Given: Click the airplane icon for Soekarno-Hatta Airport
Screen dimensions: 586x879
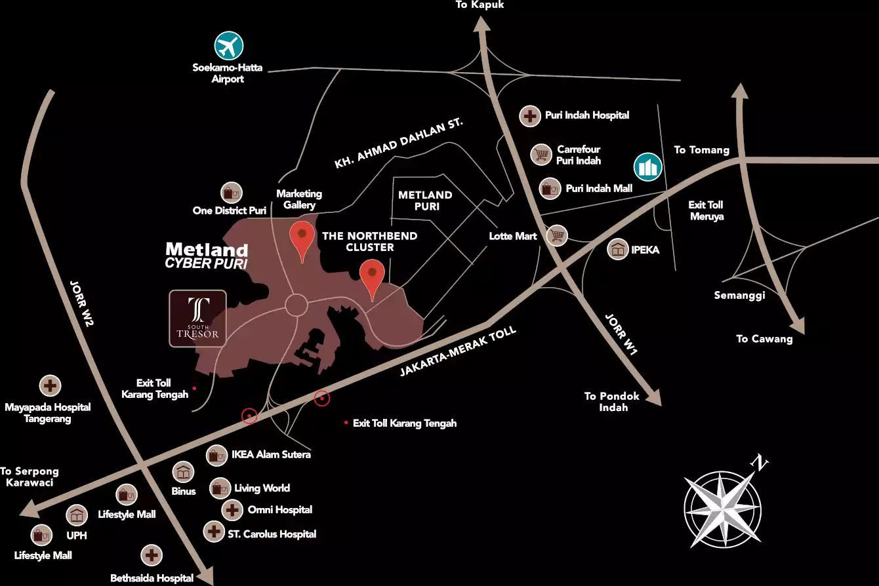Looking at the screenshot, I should click(229, 46).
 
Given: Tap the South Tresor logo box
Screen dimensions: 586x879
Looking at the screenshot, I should click(197, 318).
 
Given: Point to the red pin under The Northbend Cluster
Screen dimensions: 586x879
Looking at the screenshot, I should click(373, 277).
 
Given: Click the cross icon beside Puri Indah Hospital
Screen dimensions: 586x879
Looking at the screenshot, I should click(529, 116).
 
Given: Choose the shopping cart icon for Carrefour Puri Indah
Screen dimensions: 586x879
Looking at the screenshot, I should click(541, 155).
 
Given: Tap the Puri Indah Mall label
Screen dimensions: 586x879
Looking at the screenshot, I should click(598, 189).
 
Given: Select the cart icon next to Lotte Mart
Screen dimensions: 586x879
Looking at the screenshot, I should click(557, 235).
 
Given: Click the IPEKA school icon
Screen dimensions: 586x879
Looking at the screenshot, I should click(618, 250).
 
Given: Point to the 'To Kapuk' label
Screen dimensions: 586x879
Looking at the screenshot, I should click(480, 5).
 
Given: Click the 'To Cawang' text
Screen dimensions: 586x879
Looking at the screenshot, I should click(764, 339).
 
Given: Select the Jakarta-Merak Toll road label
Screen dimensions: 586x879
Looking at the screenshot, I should click(458, 352).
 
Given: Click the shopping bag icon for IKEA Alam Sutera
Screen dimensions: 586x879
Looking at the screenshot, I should click(216, 455).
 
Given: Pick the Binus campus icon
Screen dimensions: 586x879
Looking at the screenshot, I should click(183, 472).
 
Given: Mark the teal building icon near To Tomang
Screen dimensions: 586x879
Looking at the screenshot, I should click(647, 167).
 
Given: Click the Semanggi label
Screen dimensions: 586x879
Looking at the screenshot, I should click(739, 296).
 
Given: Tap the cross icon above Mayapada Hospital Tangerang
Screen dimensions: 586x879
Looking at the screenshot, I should click(51, 385).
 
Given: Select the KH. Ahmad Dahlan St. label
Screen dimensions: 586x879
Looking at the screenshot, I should click(398, 144).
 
